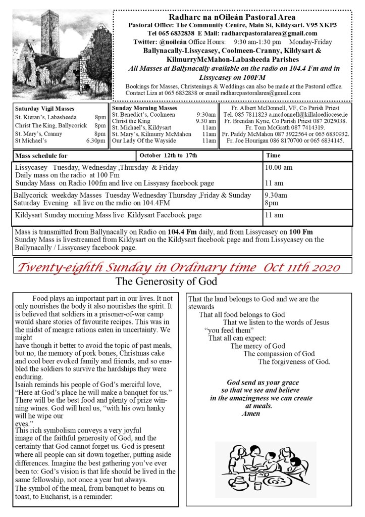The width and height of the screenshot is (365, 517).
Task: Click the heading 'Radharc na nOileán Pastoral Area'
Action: coord(233,17)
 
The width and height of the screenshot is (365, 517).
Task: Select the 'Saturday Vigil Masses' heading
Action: coord(44,109)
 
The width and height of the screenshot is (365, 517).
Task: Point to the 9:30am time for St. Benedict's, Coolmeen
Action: coord(206,115)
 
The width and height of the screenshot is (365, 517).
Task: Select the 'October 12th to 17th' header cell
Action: coord(169,156)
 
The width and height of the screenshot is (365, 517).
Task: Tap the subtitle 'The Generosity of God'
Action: coord(166,281)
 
